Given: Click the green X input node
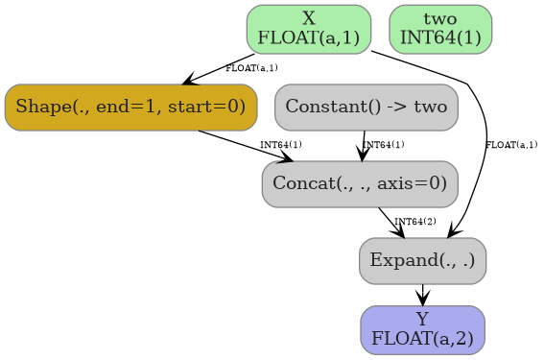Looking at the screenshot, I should [x=308, y=29].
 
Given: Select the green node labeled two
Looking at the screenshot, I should [x=440, y=29].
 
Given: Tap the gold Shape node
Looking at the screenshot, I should [x=130, y=107].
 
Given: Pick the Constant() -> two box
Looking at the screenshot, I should [x=366, y=107].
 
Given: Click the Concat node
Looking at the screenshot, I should [x=359, y=183].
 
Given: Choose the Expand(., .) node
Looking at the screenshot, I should [x=422, y=260].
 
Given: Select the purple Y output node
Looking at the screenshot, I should [x=422, y=329].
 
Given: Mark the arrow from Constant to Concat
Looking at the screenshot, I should [x=364, y=145].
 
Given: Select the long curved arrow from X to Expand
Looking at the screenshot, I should [x=485, y=125].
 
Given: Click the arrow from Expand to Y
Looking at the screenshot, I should [x=422, y=295].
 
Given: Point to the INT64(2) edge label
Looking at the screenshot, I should [x=415, y=222].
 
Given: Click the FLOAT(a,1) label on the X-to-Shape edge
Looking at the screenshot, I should [x=251, y=68].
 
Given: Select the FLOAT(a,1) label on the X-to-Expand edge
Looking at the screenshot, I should [x=510, y=145].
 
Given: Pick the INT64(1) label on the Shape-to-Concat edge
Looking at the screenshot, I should [x=281, y=145].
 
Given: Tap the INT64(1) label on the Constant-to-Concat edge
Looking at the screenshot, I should [x=384, y=145].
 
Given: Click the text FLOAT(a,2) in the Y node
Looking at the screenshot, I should [x=422, y=338].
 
